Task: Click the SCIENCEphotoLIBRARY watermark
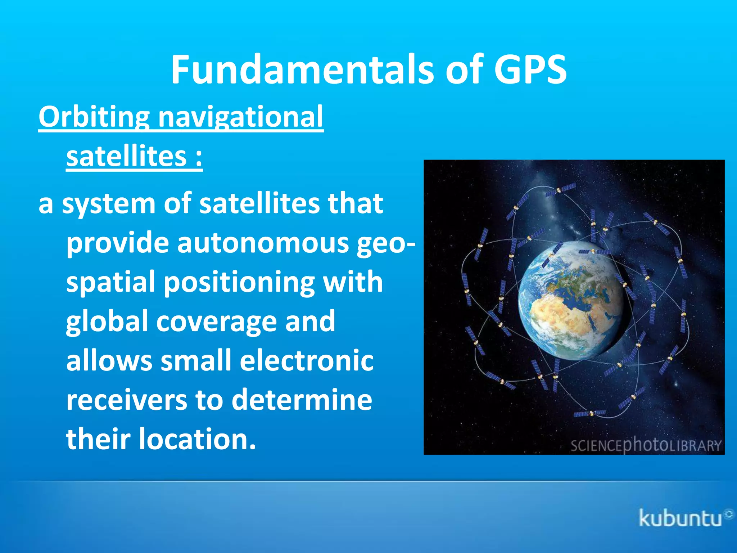point(646,445)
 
